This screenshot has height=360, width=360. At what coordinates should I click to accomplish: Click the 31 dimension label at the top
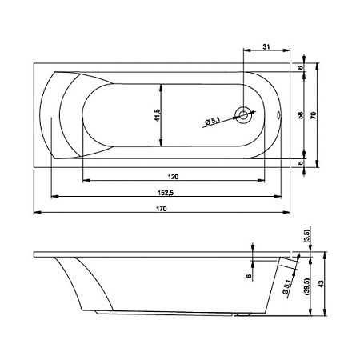[x=266, y=46]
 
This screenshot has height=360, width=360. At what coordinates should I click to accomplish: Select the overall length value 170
[x=162, y=209]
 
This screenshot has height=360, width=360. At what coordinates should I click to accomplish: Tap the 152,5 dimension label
[x=166, y=193]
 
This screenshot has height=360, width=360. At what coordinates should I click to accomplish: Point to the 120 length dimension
[x=173, y=177]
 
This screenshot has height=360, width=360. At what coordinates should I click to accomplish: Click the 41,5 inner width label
[x=158, y=115]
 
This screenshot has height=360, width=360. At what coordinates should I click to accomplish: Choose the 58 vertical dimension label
[x=301, y=115]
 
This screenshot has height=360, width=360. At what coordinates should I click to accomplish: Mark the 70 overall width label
[x=314, y=115]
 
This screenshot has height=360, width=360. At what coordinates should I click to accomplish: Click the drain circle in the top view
[x=243, y=115]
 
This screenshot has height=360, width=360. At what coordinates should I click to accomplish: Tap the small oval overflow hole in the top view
[x=278, y=115]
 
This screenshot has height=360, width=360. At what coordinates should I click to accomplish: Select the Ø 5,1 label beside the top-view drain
[x=213, y=121]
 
